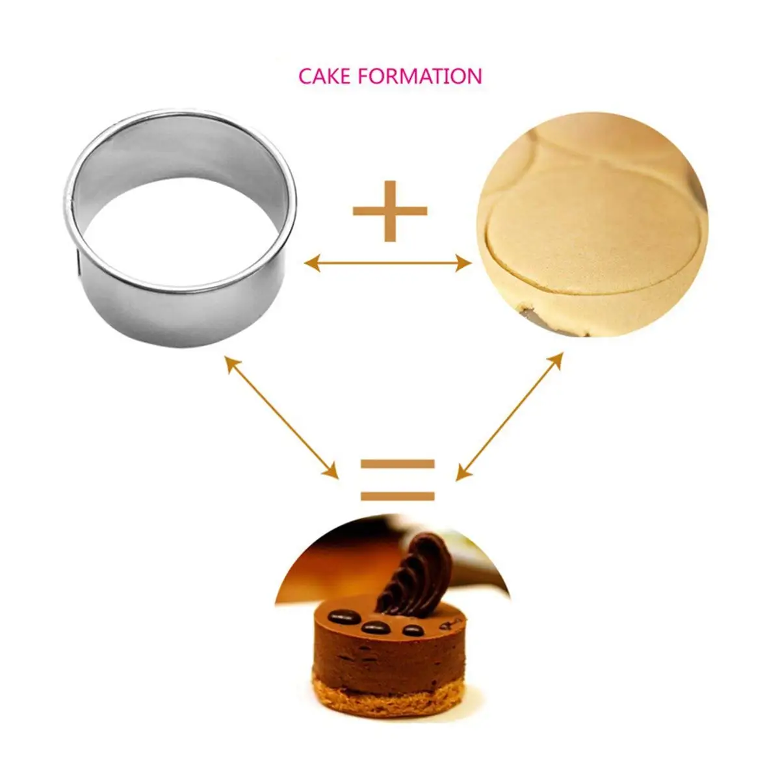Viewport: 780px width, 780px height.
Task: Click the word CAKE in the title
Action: click(x=324, y=75)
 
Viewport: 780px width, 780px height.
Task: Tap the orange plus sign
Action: click(x=390, y=211)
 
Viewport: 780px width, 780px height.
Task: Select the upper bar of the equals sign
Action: click(x=398, y=463)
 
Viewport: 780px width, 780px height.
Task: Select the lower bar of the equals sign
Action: click(x=398, y=496)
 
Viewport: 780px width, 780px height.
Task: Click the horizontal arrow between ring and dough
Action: click(x=388, y=263)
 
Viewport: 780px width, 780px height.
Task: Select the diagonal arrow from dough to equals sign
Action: click(x=510, y=417)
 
